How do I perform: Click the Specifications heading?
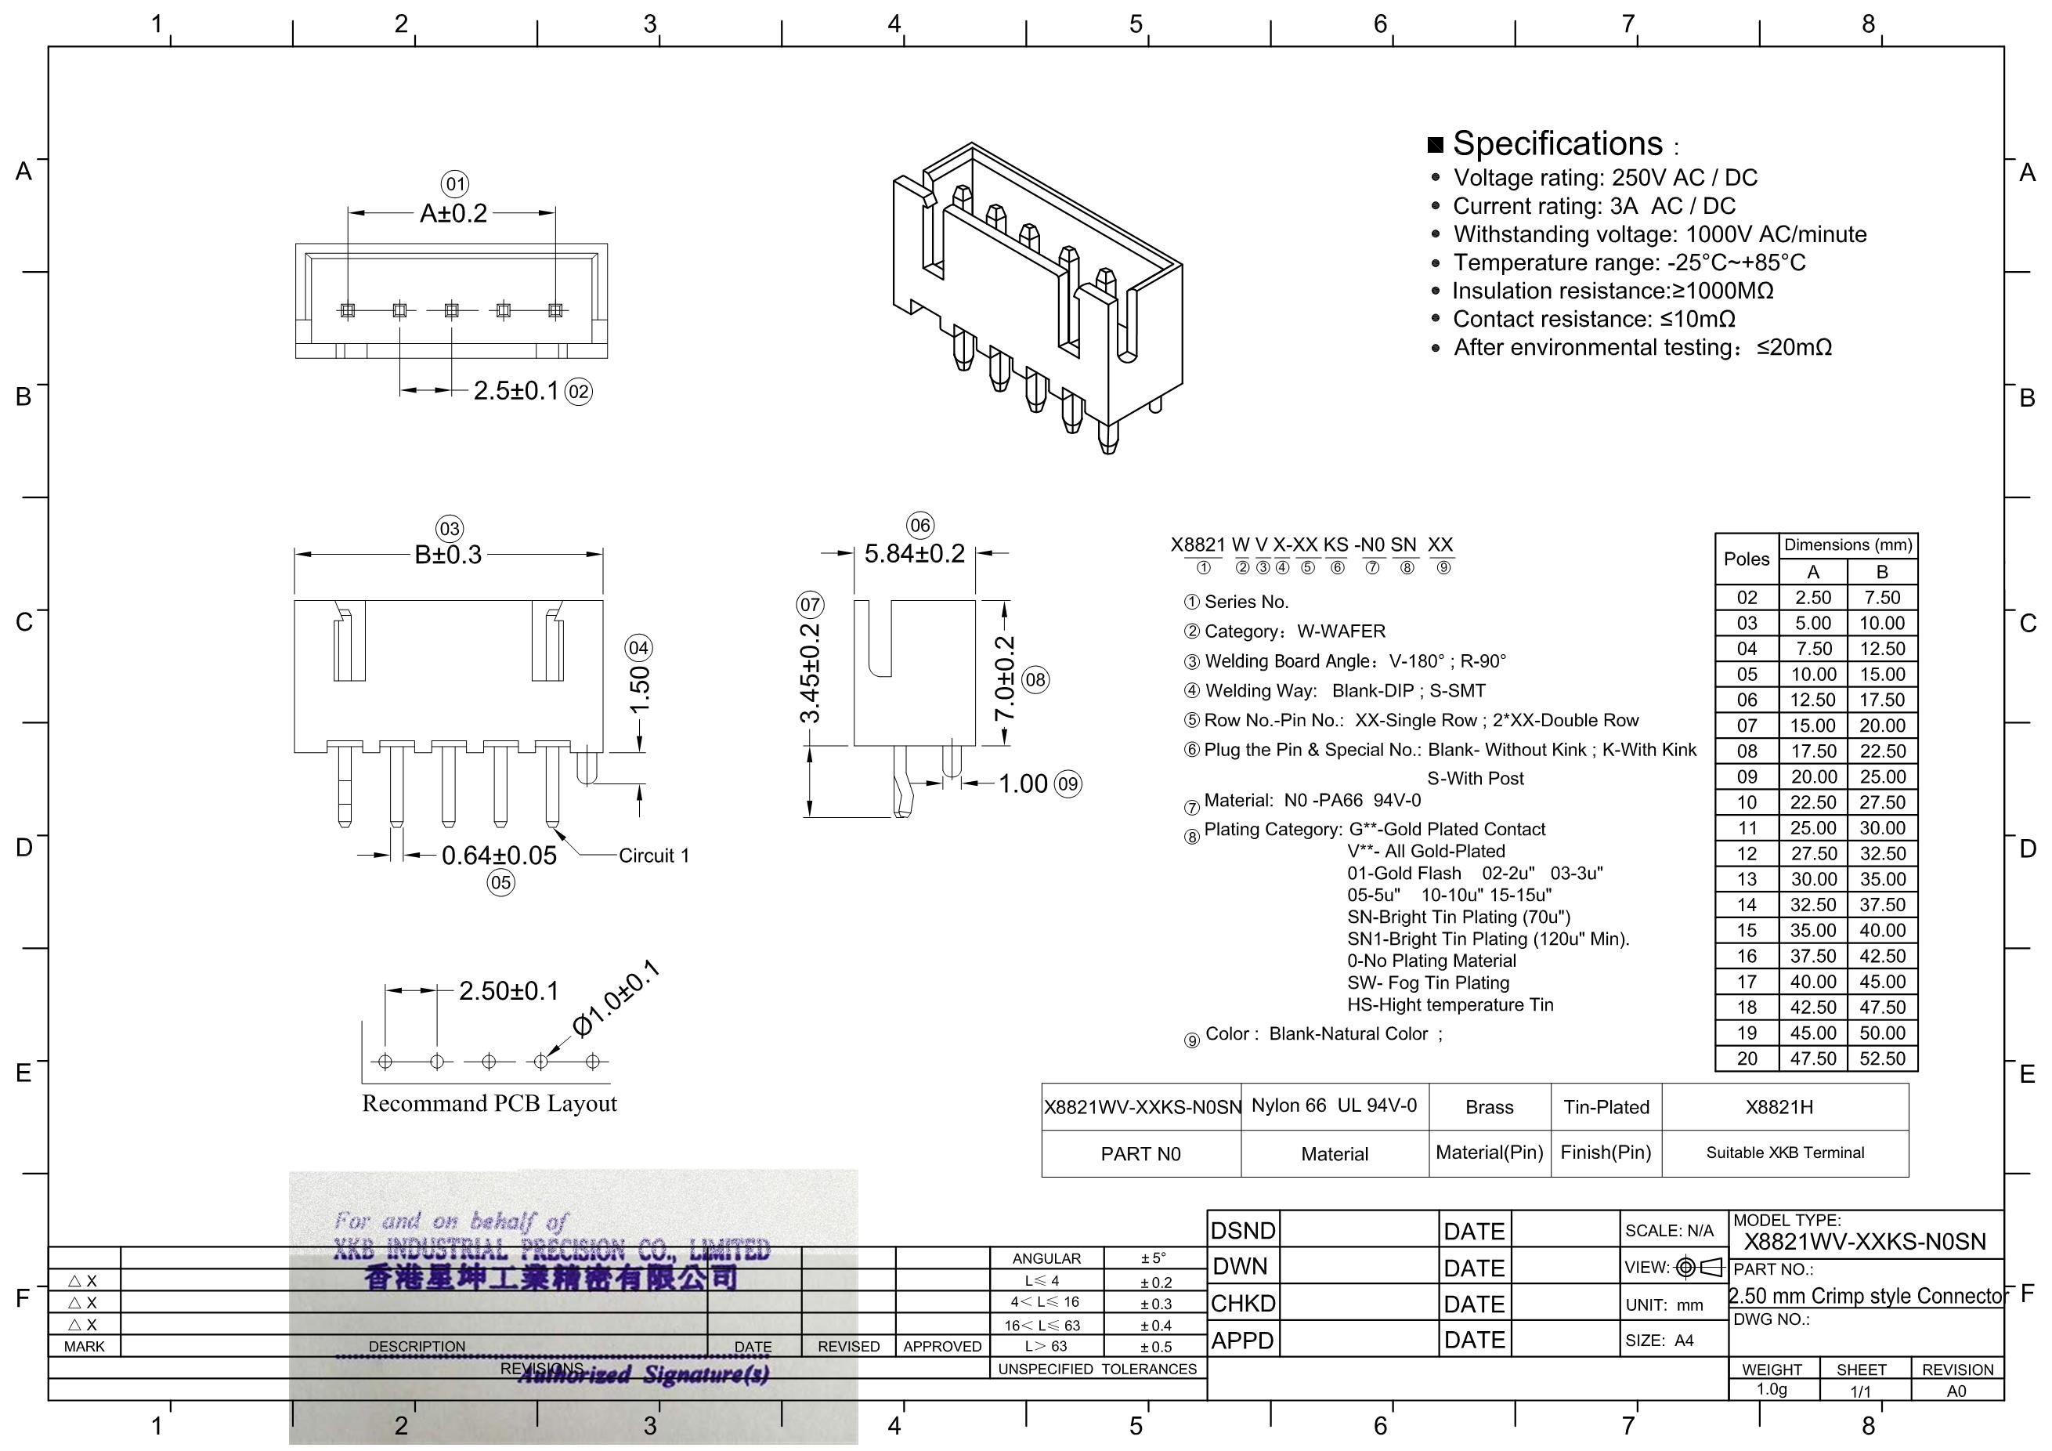[1558, 144]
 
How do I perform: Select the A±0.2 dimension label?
[454, 214]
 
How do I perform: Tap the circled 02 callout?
[579, 392]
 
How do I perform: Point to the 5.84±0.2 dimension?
[914, 553]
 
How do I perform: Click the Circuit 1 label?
[654, 856]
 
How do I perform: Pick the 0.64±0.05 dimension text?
[499, 856]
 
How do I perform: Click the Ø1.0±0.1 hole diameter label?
[615, 999]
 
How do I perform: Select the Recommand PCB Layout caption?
[489, 1103]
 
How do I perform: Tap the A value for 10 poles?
[1813, 803]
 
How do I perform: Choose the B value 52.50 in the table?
[1882, 1058]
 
